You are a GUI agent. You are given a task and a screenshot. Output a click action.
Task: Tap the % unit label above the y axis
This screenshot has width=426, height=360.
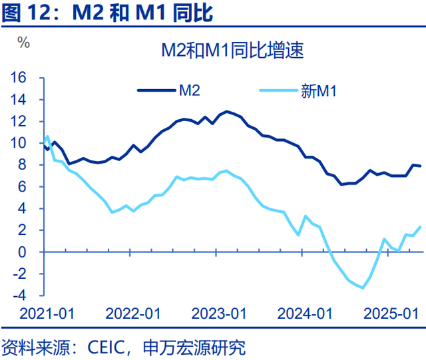24,43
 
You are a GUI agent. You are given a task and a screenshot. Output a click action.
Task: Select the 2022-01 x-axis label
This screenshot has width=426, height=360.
133,313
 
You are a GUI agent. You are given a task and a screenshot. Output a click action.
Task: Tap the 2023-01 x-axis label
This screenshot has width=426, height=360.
220,313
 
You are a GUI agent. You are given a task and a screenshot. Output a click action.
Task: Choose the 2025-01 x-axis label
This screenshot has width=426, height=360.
393,313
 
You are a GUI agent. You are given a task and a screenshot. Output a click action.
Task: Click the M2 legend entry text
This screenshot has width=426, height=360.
190,90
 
